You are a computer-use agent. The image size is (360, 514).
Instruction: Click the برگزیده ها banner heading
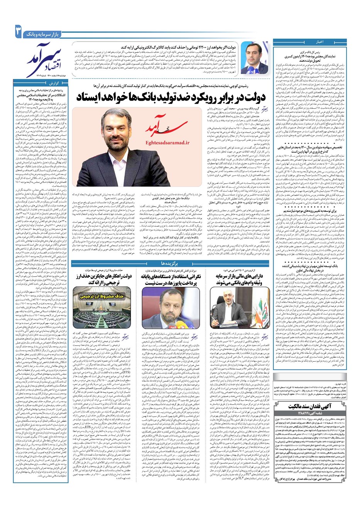170,263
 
